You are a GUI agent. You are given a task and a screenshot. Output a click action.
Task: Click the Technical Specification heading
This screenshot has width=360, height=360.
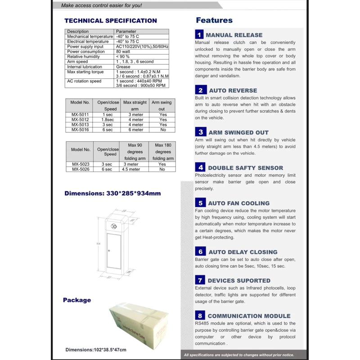(111, 21)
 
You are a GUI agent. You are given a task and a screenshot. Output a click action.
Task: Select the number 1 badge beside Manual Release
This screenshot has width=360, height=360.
(199, 35)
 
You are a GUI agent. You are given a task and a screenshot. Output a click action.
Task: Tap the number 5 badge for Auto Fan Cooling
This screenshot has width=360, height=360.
(200, 203)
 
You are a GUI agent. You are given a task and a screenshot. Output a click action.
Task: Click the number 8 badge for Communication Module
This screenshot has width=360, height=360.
(200, 316)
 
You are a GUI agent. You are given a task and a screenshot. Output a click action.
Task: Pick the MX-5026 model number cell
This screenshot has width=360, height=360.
(81, 169)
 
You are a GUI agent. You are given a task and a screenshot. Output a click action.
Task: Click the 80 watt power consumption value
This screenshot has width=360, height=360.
(123, 52)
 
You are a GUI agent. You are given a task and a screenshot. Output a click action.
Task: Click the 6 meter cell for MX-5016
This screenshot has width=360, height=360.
(135, 130)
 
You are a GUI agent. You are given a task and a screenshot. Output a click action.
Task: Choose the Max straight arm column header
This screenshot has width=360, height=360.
(135, 105)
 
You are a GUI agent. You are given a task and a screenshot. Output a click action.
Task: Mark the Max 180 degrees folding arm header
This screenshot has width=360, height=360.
(162, 152)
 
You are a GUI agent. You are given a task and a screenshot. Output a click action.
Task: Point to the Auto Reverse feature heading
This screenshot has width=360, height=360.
(233, 90)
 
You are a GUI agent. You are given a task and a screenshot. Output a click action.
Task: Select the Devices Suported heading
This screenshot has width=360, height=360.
(239, 280)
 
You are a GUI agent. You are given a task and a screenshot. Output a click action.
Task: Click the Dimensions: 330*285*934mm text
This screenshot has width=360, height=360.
(112, 193)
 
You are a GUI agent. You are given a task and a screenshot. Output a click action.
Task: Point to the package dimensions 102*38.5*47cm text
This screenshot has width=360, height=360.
(96, 350)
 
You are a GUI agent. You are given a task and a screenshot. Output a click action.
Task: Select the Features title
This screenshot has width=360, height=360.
(214, 20)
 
